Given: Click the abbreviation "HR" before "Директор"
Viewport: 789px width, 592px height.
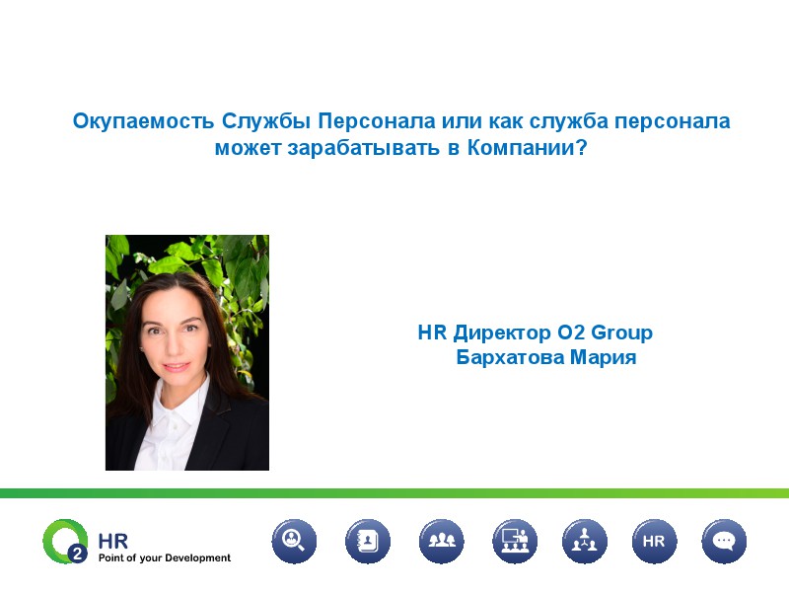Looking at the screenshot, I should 433,333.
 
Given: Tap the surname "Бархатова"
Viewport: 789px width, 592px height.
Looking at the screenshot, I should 510,357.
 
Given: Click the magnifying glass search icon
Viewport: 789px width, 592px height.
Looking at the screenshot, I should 294,541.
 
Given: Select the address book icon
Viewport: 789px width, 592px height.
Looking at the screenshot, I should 367,541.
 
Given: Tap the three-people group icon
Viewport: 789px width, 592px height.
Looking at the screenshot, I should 441,541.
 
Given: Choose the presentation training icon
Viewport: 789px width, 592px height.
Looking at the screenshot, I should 514,541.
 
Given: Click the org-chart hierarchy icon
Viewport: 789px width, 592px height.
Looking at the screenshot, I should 584,541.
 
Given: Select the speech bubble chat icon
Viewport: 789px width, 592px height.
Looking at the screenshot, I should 724,541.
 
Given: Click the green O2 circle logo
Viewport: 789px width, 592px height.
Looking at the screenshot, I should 64,541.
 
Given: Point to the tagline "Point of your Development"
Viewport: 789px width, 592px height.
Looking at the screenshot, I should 164,558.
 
